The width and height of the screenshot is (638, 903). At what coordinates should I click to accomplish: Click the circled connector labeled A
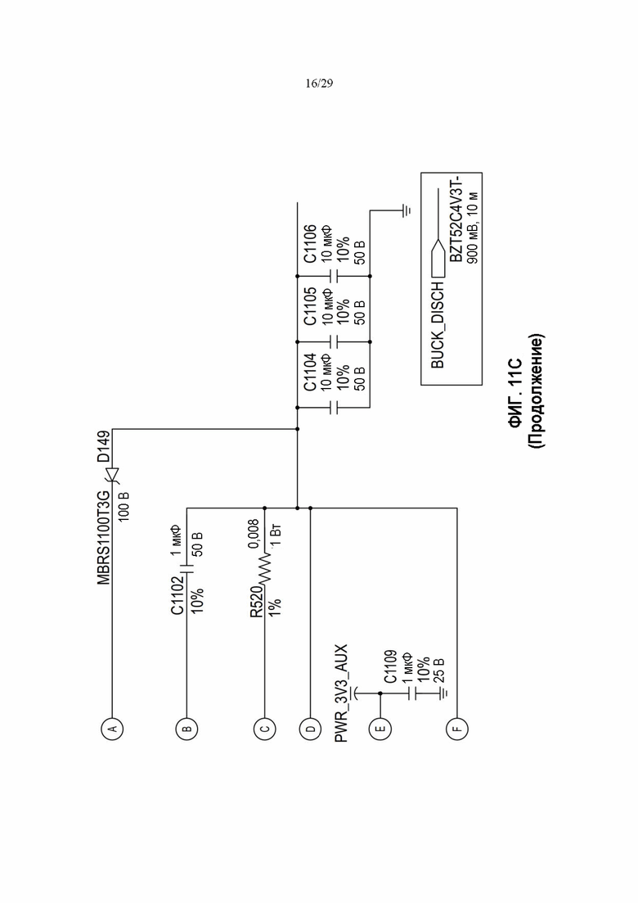pos(112,728)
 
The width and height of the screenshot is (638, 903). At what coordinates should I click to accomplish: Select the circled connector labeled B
pos(187,728)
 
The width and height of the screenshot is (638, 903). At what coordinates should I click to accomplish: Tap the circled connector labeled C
pos(265,728)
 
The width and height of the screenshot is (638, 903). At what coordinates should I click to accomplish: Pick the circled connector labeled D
pos(310,728)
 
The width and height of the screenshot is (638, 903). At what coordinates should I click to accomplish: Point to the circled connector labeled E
pos(380,728)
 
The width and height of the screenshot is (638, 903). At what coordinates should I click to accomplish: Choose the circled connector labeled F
pos(456,728)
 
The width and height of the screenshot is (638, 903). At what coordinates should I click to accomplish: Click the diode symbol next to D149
pos(112,476)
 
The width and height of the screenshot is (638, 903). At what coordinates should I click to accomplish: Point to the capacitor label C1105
pos(310,305)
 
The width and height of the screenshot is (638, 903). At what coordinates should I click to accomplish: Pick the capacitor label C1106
pos(310,243)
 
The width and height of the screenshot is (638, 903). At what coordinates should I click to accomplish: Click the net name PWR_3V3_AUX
pos(341,693)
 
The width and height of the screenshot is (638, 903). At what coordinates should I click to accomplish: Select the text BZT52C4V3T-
pos(454,217)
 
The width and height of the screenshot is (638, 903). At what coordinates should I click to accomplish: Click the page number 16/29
pos(318,84)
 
